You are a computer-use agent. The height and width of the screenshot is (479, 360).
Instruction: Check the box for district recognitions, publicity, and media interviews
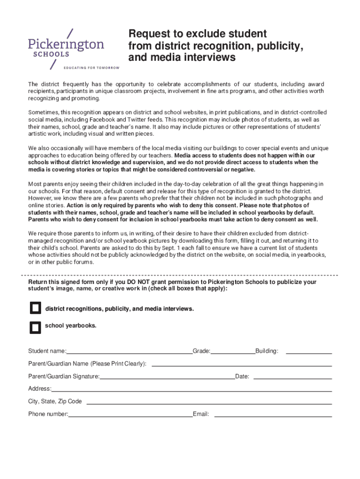(36, 308)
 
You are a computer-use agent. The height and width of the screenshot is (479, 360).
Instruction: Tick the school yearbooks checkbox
(36, 327)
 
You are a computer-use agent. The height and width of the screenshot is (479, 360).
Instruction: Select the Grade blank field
(232, 351)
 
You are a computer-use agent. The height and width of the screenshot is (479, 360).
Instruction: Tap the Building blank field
(309, 351)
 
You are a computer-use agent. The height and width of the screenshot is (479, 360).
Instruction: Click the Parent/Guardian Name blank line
(242, 364)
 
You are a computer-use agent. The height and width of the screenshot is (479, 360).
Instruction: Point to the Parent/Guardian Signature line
(167, 376)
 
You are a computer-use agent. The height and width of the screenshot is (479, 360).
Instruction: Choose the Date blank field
(292, 376)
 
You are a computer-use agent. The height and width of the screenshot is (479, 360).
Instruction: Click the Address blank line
(192, 389)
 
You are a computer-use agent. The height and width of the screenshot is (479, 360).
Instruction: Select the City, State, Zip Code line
(209, 402)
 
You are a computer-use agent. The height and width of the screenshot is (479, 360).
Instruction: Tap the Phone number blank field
(130, 414)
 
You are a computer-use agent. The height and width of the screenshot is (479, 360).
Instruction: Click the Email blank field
(273, 414)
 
